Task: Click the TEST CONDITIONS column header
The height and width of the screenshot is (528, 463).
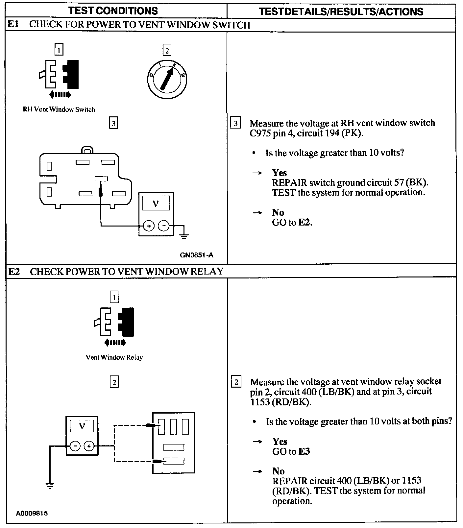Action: [113, 11]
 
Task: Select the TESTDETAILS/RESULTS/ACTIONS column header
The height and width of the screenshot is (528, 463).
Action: [341, 12]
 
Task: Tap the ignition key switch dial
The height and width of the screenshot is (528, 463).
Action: [167, 79]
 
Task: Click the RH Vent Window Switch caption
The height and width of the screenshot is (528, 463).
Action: [59, 109]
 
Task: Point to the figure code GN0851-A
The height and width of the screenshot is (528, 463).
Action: [196, 255]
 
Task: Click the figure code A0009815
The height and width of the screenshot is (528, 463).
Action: [32, 513]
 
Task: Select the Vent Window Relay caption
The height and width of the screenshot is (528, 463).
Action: [114, 357]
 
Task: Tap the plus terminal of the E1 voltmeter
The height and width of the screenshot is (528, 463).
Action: [149, 226]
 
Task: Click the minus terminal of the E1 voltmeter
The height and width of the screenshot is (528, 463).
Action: [164, 226]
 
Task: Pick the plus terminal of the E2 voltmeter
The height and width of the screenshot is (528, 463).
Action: [89, 446]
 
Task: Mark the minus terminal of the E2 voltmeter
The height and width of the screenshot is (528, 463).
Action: [75, 446]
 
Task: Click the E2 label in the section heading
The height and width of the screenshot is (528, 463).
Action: [14, 272]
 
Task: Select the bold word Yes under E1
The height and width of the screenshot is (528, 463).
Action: [279, 173]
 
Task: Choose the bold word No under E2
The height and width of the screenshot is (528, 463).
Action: [278, 471]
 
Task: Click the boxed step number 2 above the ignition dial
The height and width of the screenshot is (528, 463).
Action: [167, 51]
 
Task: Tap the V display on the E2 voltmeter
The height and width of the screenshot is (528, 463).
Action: [82, 426]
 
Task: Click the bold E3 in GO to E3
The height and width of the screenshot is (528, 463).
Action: [304, 451]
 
